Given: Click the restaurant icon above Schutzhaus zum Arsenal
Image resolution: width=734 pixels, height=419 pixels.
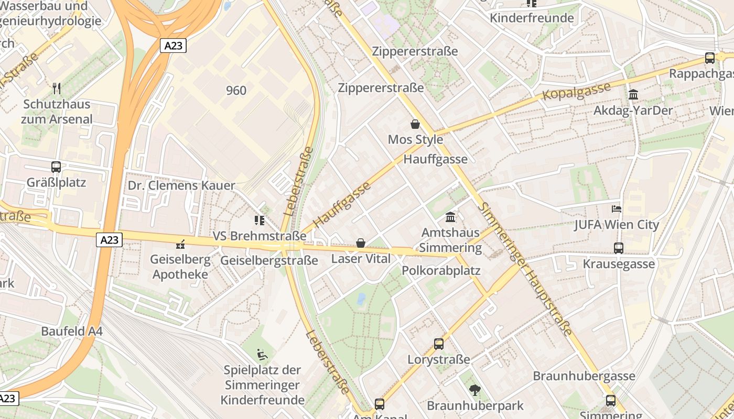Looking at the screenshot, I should pyautogui.click(x=57, y=88).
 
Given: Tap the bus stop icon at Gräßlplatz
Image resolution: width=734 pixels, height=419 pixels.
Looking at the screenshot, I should pyautogui.click(x=56, y=167).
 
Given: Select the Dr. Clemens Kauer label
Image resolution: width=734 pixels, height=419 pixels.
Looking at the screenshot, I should pyautogui.click(x=181, y=185).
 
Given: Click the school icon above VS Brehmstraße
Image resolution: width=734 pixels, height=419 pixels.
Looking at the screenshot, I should pyautogui.click(x=259, y=220).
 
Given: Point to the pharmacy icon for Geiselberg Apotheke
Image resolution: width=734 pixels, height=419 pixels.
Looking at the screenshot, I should pyautogui.click(x=180, y=244).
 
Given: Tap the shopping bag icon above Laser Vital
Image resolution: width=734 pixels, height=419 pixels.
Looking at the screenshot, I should pyautogui.click(x=361, y=243).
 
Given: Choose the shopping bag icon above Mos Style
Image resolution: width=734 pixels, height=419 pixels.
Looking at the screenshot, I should pyautogui.click(x=415, y=124).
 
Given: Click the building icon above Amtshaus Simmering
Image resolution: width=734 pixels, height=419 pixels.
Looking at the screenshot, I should pyautogui.click(x=450, y=217).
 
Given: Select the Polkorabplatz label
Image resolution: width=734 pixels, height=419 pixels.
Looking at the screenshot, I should pyautogui.click(x=441, y=271).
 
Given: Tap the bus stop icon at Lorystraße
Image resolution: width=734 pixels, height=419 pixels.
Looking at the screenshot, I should pyautogui.click(x=439, y=344).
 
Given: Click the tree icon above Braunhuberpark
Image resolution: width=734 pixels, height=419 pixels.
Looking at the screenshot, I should pyautogui.click(x=475, y=390).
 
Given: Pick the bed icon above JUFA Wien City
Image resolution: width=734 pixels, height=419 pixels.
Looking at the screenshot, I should pyautogui.click(x=617, y=209).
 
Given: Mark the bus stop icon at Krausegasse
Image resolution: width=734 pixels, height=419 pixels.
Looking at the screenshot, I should pyautogui.click(x=619, y=248).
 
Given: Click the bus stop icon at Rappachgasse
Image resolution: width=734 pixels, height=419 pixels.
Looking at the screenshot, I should pyautogui.click(x=710, y=58).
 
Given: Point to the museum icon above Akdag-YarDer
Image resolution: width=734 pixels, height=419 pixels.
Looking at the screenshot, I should pyautogui.click(x=633, y=95).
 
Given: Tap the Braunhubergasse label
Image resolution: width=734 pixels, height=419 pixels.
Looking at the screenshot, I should pyautogui.click(x=584, y=376).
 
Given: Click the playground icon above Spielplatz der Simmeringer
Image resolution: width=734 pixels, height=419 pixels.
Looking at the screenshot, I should pyautogui.click(x=262, y=355).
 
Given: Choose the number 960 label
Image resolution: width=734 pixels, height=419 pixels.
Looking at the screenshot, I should pyautogui.click(x=236, y=91).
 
